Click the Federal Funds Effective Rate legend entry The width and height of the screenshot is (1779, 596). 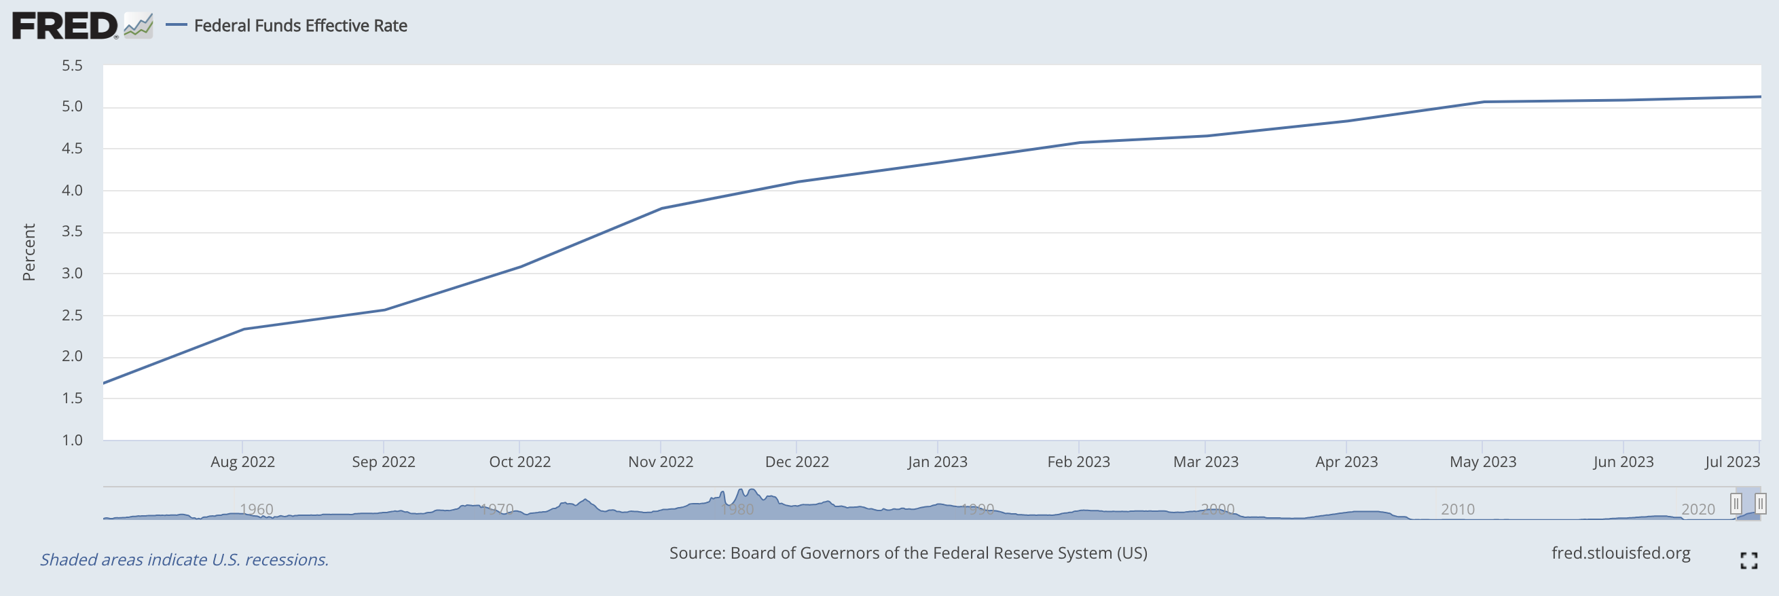click(299, 26)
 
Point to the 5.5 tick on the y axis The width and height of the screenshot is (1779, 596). click(72, 66)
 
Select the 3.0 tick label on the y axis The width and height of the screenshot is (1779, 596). click(72, 274)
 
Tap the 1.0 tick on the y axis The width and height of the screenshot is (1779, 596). click(72, 440)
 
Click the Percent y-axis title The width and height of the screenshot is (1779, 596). click(29, 252)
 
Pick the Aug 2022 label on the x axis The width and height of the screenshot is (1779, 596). click(242, 462)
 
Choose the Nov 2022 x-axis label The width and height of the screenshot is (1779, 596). click(660, 462)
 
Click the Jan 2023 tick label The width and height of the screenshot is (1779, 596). click(937, 462)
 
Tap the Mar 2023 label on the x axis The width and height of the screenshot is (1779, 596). click(1205, 462)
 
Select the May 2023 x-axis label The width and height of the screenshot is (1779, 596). click(1483, 462)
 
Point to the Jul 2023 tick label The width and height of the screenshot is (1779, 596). click(1732, 462)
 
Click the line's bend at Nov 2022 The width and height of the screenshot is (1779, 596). click(661, 208)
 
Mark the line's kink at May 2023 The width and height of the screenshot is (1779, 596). click(1483, 103)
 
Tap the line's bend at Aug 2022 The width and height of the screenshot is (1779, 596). click(243, 329)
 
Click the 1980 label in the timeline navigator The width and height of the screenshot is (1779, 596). click(737, 510)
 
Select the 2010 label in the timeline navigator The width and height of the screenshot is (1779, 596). click(1457, 510)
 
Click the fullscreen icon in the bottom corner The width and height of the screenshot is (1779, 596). click(1748, 561)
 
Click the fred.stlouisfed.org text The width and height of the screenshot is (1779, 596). click(1620, 553)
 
